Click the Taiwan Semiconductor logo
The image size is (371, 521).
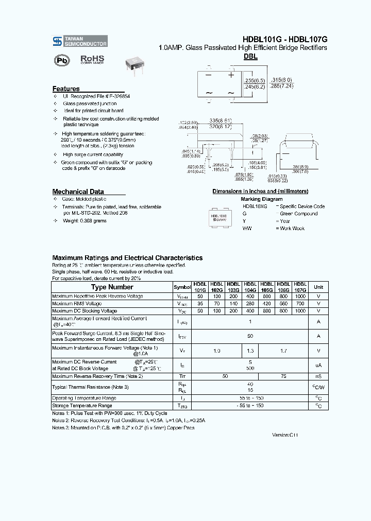point(80,41)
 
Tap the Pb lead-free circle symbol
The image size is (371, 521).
point(62,60)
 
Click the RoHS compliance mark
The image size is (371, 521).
point(92,60)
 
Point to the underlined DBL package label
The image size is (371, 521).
point(250,57)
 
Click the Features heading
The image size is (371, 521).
point(66,89)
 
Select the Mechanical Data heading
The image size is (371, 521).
point(78,192)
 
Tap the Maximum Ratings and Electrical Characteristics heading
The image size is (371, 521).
point(127,258)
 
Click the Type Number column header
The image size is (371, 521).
point(112,287)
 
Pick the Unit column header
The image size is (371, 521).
point(318,287)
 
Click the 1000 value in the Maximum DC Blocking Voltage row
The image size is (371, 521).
point(300,311)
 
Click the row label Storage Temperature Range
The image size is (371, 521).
point(82,406)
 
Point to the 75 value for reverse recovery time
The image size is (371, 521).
point(283,376)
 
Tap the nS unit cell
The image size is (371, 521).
point(318,376)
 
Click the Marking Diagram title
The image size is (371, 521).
point(261,199)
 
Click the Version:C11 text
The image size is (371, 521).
point(285,435)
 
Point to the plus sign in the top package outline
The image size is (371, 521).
point(231,75)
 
